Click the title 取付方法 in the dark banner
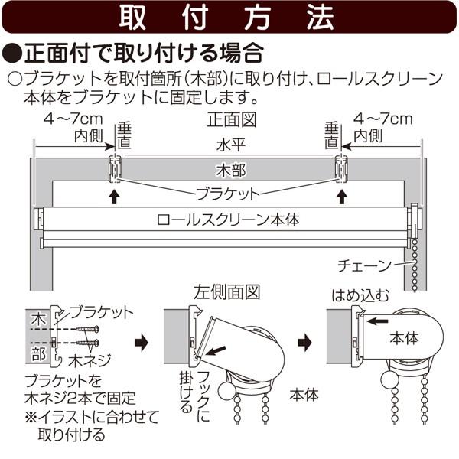tap(227, 18)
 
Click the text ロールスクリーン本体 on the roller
tap(227, 219)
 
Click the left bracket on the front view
tap(115, 166)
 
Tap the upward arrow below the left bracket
tap(114, 196)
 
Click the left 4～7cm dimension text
tap(73, 120)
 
